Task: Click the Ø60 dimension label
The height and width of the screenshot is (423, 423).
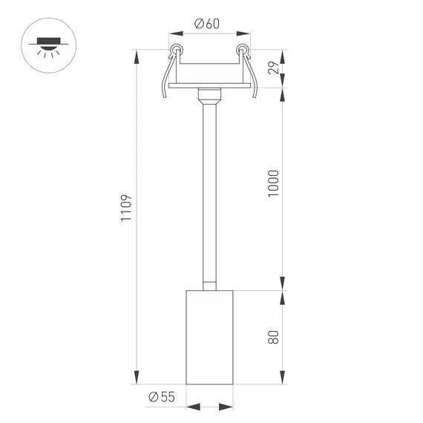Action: (x=208, y=23)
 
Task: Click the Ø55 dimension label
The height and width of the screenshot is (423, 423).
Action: (x=161, y=397)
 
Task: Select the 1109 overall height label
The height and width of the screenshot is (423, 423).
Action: (x=126, y=209)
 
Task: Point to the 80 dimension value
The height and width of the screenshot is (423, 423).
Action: (x=273, y=337)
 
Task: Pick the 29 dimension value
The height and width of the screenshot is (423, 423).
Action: (x=273, y=69)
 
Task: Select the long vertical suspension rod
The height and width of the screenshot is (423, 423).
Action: (x=209, y=193)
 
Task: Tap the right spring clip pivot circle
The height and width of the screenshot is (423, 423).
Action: (x=241, y=50)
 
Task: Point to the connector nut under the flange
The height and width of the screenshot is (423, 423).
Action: (x=209, y=94)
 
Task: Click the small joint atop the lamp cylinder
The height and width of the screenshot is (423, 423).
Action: (x=209, y=285)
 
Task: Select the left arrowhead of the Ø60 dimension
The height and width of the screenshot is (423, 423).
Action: (x=174, y=33)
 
